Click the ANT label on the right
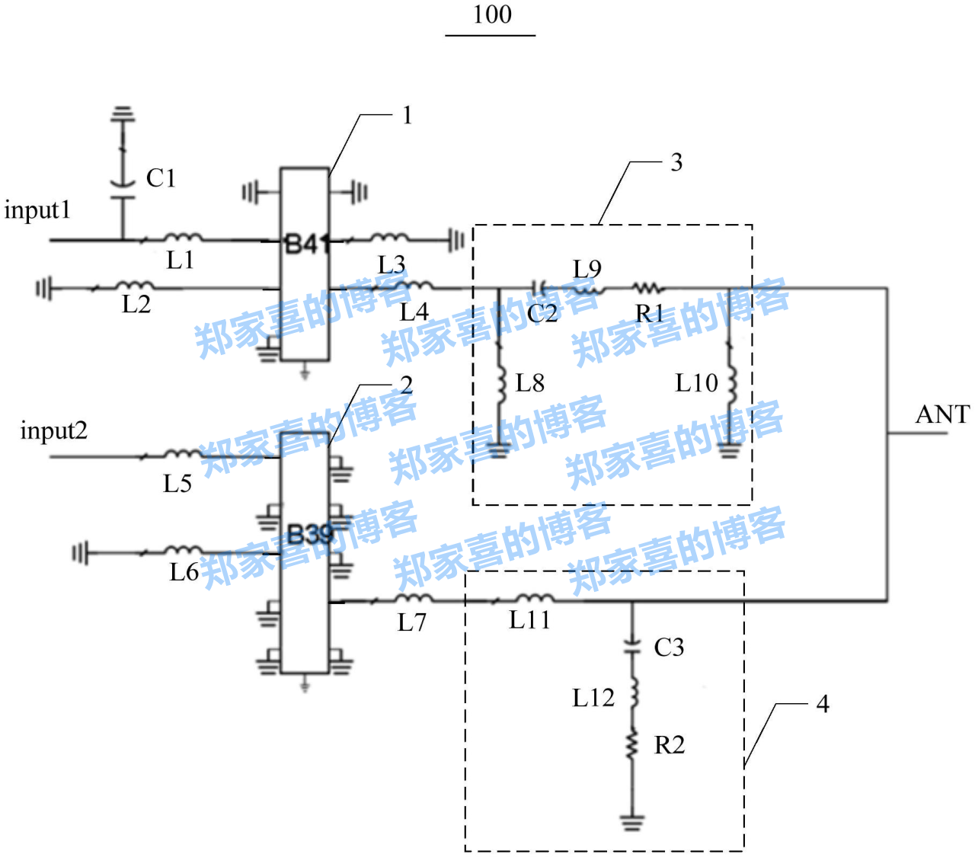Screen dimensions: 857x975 point(942,414)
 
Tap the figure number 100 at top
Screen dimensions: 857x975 point(491,14)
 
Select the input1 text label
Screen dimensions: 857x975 point(37,209)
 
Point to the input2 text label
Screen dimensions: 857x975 point(53,430)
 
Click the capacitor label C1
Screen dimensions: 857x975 point(161,178)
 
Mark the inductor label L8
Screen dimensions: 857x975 point(530,382)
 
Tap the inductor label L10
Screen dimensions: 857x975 point(696,382)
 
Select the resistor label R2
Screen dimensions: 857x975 point(670,745)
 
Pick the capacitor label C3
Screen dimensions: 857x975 point(669,648)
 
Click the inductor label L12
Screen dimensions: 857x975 point(593,697)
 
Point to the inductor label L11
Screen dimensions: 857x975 point(529,620)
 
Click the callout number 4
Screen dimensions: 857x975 point(823,704)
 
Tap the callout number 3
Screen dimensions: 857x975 point(676,162)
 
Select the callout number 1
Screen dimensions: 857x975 point(408,115)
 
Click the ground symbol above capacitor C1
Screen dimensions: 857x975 point(122,115)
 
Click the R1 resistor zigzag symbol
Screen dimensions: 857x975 point(648,289)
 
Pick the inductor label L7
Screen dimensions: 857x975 point(412,622)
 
